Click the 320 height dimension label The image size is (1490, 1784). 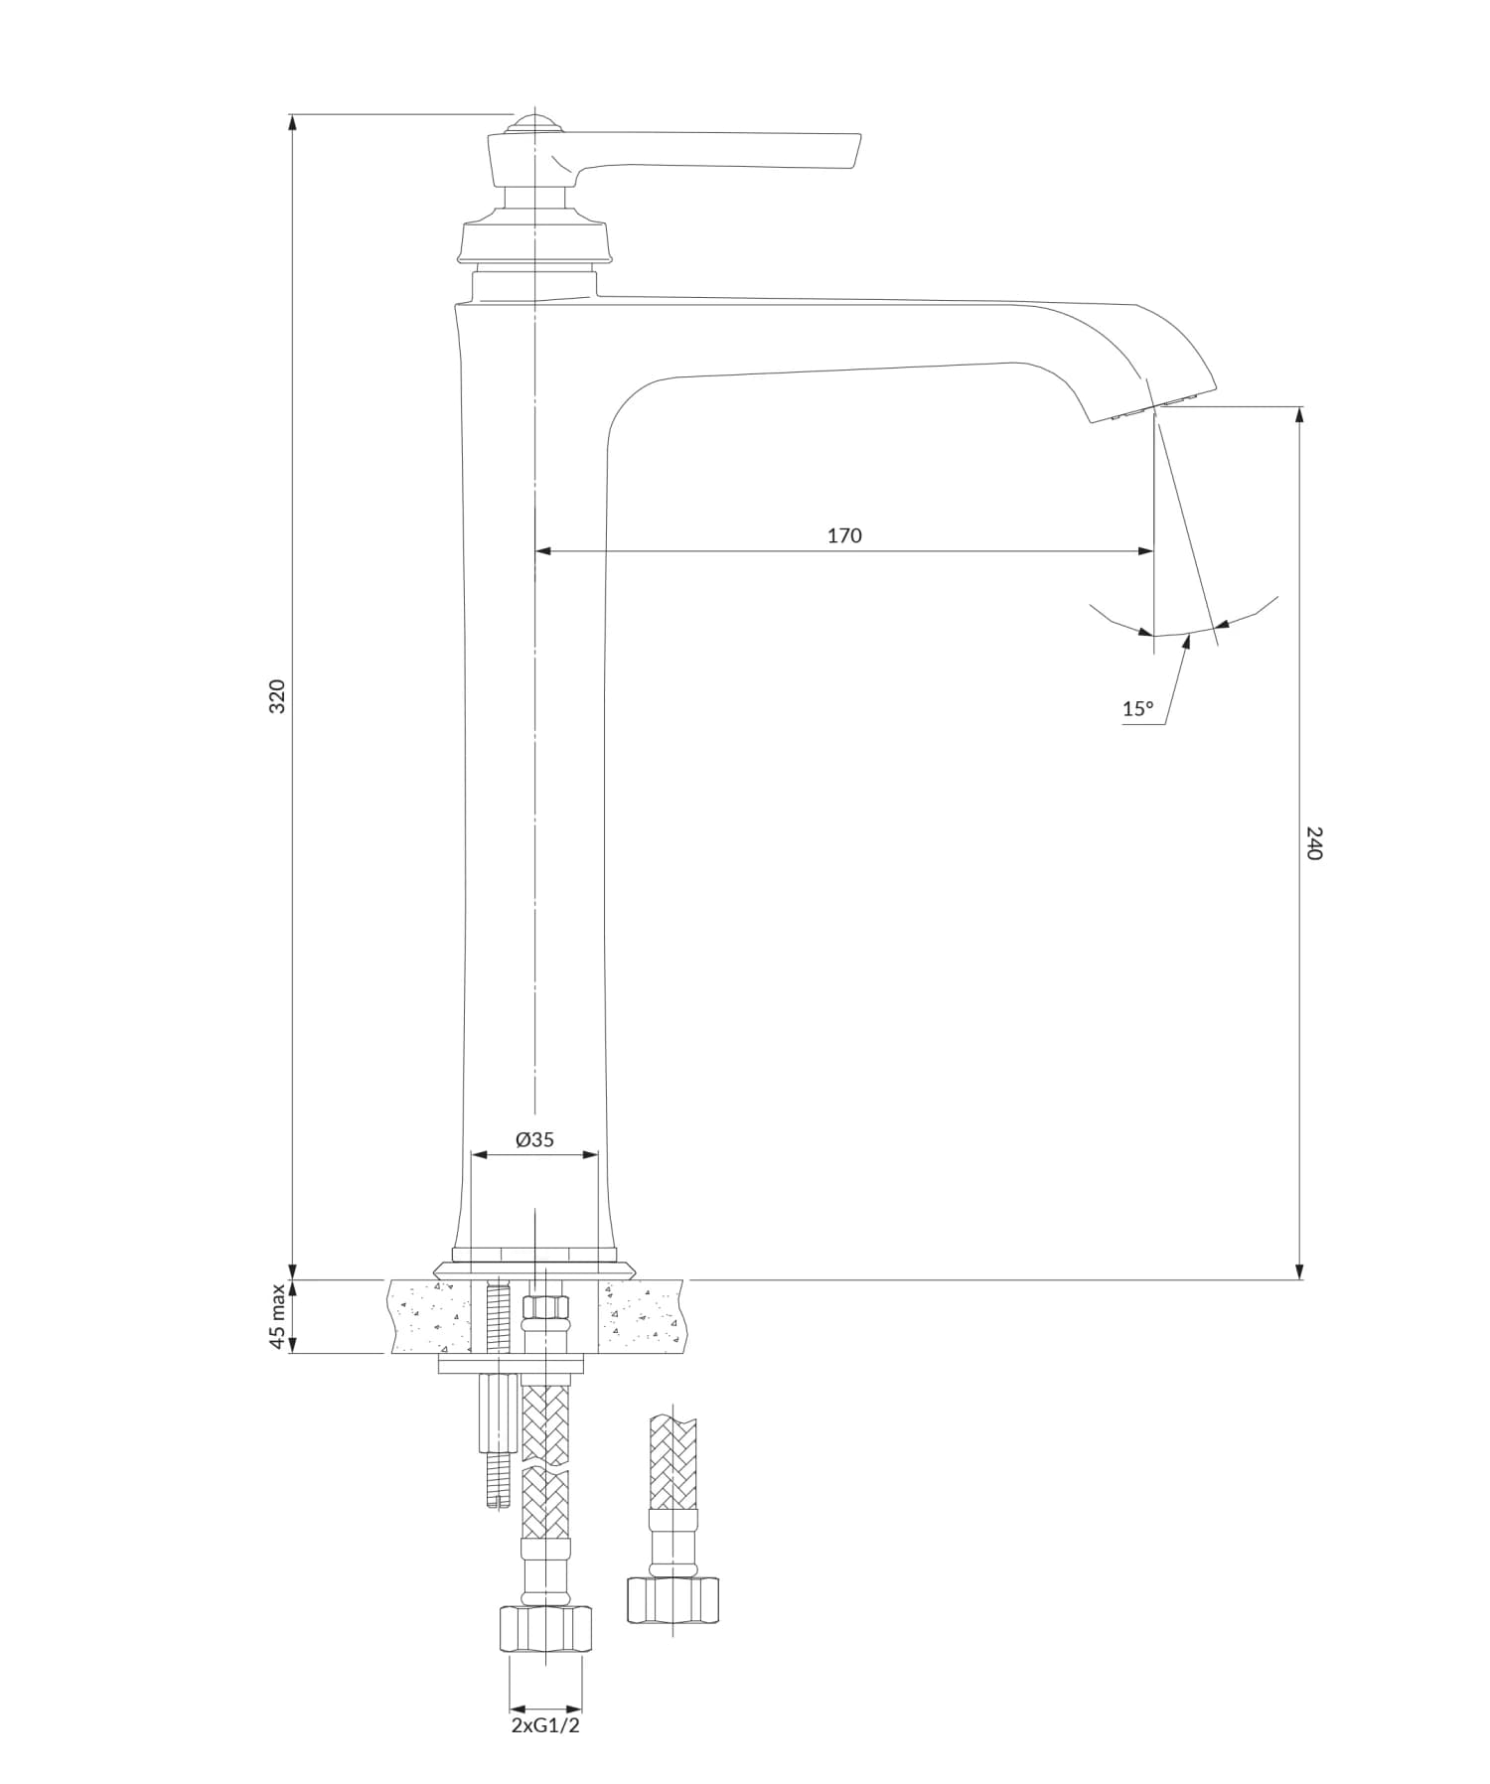coord(278,695)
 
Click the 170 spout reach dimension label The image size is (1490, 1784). coord(844,535)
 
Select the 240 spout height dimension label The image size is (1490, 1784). coord(1313,842)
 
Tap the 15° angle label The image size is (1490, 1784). coord(1138,709)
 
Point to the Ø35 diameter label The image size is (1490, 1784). coord(534,1140)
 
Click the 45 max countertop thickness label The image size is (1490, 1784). coord(278,1316)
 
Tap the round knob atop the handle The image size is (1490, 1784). coord(534,123)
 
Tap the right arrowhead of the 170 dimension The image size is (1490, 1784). coord(1147,550)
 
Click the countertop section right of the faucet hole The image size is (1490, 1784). coord(641,1316)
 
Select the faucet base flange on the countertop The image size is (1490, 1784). coord(534,1266)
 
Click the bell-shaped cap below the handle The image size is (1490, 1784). coord(534,238)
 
